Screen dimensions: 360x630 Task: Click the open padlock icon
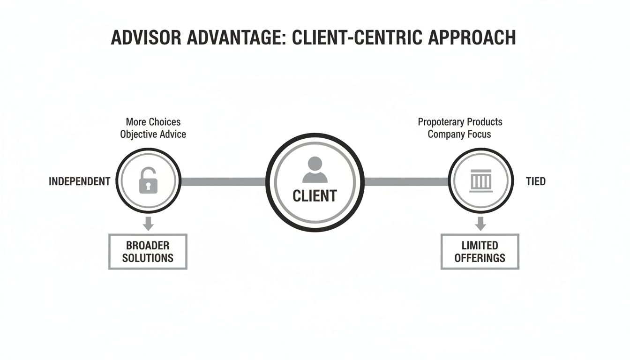(148, 181)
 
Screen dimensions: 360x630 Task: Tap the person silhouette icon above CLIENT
(315, 170)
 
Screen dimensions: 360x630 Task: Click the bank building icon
(480, 181)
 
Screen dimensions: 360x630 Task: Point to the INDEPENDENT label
(80, 181)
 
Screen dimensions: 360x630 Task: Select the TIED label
(535, 181)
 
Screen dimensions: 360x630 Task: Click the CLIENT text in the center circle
(315, 195)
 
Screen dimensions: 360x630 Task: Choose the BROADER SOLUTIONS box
(148, 252)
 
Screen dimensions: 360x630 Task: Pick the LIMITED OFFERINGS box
(480, 252)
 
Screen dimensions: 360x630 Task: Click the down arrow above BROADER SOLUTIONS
(148, 223)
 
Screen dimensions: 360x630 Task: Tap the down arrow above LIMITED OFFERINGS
(480, 223)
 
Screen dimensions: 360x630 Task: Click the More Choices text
(153, 122)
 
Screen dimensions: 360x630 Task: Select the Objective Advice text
(153, 135)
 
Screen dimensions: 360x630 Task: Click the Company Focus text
(459, 135)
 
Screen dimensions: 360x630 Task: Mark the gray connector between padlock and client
(223, 181)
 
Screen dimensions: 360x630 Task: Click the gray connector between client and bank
(406, 181)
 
